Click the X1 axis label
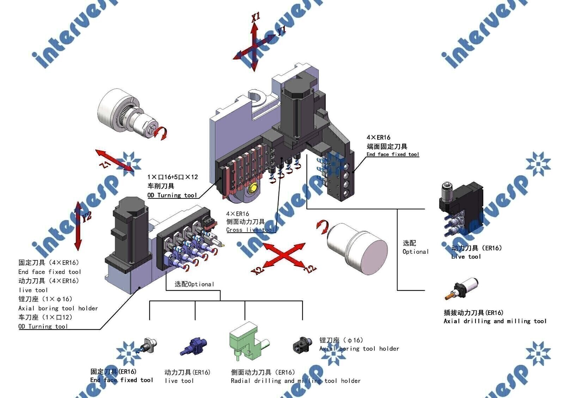point(256,17)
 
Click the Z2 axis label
point(310,269)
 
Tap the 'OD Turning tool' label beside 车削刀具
point(172,195)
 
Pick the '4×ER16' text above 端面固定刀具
point(378,137)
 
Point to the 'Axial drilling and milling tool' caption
point(495,321)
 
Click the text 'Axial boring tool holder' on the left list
point(58,308)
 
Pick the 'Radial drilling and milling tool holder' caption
point(295,381)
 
